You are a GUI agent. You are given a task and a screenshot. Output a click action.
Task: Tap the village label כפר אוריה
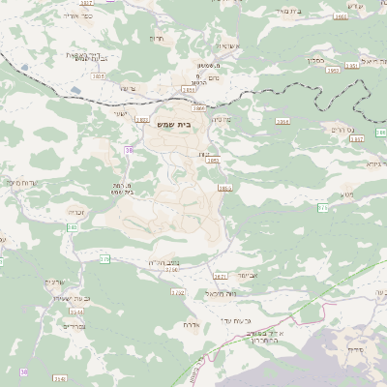pos(78,15)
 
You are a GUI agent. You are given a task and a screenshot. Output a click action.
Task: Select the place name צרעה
pos(126,87)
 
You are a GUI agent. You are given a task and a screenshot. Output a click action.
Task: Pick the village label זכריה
pos(78,211)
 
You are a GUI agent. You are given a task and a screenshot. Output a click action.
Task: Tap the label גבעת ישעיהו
pos(72,298)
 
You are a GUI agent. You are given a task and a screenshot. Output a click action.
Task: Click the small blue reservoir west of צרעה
pos(76,91)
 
